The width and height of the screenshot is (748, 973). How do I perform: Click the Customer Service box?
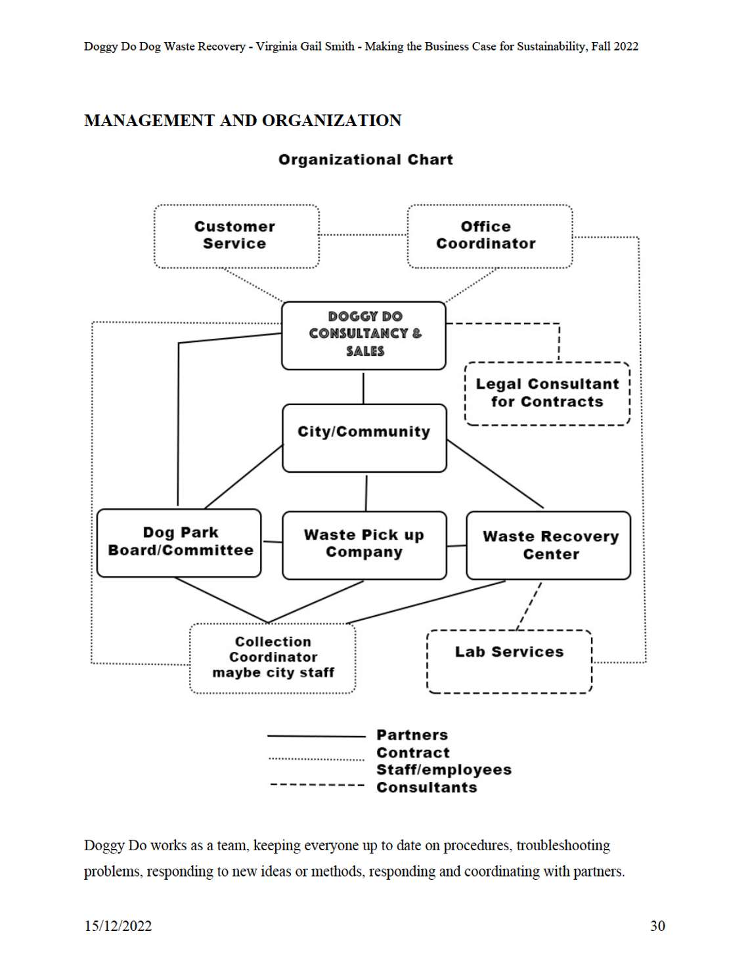pos(236,236)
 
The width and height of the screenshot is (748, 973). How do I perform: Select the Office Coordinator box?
pos(489,236)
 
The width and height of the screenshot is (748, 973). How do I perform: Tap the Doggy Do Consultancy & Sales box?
pos(364,335)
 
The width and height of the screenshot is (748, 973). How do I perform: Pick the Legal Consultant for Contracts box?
pos(547,393)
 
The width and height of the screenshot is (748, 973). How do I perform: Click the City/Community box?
pos(364,438)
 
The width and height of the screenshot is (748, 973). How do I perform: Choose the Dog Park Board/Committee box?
pos(179,543)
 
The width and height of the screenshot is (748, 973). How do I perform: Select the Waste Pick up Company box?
pos(364,546)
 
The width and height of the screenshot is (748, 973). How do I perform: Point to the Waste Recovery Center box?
pos(548,546)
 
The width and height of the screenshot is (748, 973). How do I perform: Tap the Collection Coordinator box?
pos(273,659)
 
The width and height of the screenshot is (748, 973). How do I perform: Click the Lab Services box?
pos(509,661)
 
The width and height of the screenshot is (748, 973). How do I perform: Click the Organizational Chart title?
pos(366,160)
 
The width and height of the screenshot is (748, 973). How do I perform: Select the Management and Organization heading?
pos(243,120)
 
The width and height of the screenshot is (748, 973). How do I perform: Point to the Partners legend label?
pos(412,735)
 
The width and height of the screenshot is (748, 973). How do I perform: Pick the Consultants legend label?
pos(426,787)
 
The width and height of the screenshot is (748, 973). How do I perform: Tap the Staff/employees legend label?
pos(444,769)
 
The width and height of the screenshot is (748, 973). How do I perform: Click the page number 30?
pos(657,926)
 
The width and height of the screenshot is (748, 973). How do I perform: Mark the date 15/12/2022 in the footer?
pos(118,926)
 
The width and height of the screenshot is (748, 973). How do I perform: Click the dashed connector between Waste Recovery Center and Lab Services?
pos(529,606)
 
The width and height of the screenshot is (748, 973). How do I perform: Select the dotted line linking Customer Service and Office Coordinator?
pos(363,234)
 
